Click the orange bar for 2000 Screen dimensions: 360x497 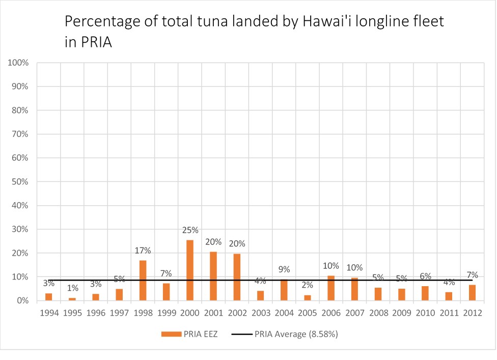(x=190, y=270)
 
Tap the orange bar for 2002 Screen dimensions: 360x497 (x=237, y=277)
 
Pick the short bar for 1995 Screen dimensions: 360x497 (x=72, y=299)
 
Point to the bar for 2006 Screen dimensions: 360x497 (x=331, y=288)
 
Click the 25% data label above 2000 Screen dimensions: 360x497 (x=190, y=230)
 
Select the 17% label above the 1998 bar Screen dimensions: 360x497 (x=143, y=251)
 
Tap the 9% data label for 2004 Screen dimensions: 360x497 (x=284, y=269)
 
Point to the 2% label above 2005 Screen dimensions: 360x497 (x=308, y=286)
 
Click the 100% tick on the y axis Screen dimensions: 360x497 (x=18, y=63)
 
